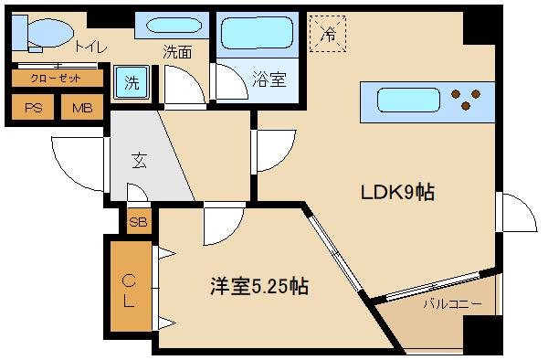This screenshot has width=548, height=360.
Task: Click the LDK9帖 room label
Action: point(395,193)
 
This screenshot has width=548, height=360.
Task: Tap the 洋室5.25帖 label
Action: point(258,286)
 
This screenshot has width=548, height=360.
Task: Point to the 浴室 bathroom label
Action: point(269,79)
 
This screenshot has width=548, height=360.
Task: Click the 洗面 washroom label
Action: point(178,53)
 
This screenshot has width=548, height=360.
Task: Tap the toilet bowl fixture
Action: point(43,34)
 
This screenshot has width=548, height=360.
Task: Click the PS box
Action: point(34,108)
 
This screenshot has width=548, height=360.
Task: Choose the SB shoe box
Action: point(140,221)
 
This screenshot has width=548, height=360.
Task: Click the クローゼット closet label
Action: point(56,79)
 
